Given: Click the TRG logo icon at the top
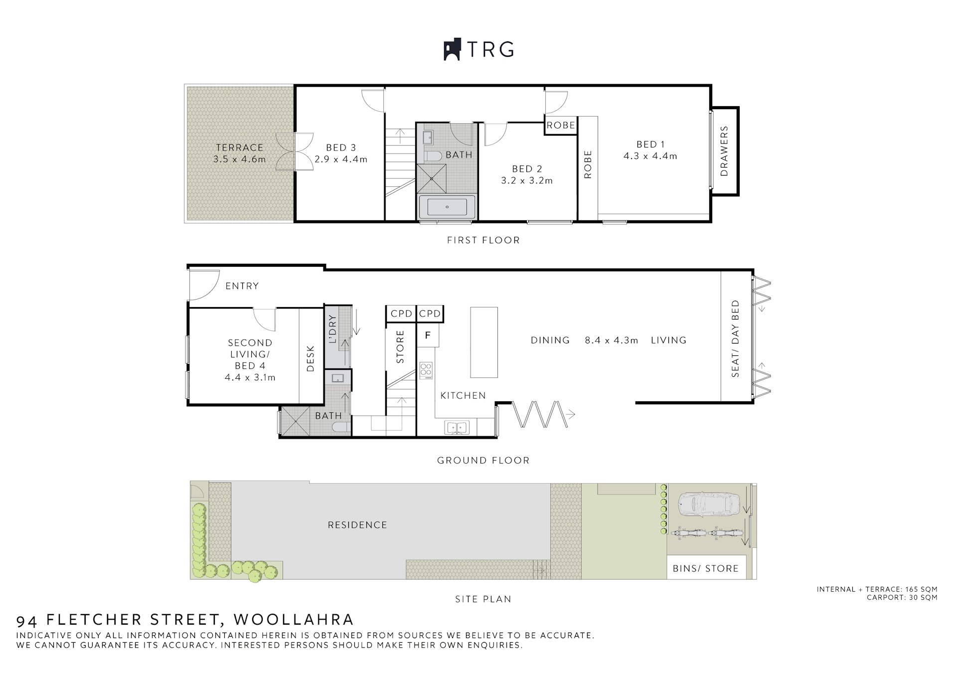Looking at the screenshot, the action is (x=452, y=50).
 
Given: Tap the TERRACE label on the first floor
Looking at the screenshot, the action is (x=239, y=148).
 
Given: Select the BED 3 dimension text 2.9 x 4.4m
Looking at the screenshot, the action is (x=341, y=160).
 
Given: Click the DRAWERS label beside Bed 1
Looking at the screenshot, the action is (x=724, y=151).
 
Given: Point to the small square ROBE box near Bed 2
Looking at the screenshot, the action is (x=561, y=125).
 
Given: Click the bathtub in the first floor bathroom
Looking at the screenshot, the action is (x=447, y=206).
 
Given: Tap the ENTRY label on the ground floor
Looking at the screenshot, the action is (x=242, y=286).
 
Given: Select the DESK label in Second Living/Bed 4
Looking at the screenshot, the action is (x=311, y=358).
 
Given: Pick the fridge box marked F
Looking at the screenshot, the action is (x=428, y=336).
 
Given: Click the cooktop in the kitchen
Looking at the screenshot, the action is (x=426, y=370).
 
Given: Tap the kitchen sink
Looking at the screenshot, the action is (x=457, y=428).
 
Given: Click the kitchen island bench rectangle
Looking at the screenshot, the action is (x=484, y=342).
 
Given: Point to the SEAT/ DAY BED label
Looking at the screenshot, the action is (x=736, y=338).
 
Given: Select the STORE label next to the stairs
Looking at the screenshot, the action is (x=400, y=347).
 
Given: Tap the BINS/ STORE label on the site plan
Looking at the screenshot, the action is (x=705, y=568).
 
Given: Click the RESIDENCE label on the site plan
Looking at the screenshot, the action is (x=357, y=525).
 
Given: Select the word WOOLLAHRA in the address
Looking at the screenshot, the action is (x=294, y=620).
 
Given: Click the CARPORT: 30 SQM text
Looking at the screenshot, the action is (x=902, y=598).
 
